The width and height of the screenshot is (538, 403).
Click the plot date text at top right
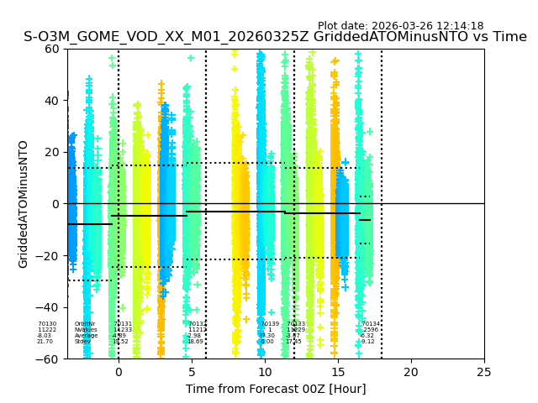pos(400,26)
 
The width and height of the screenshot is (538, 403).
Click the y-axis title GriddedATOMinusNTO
pos(24,204)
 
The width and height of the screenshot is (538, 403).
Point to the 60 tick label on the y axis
pos(52,49)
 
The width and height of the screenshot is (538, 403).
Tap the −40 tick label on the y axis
pos(48,307)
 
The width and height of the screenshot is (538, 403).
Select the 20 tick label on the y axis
pos(52,152)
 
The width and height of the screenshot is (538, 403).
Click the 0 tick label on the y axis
pos(55,204)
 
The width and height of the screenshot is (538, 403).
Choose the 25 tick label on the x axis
pos(484,372)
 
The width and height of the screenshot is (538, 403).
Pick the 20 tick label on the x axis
pos(411,372)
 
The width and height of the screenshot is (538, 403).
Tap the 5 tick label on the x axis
pos(192,372)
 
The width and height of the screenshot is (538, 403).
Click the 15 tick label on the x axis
pos(338,372)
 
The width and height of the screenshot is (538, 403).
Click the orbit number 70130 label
pos(47,324)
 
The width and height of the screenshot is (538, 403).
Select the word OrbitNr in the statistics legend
pos(84,324)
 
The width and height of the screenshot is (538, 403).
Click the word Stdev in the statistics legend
pos(82,342)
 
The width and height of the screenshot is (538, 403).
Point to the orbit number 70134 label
pos(371,324)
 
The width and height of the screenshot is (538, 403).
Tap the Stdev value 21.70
pos(45,342)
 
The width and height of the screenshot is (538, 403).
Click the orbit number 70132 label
pos(198,324)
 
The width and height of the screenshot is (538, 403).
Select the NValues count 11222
pos(47,330)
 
